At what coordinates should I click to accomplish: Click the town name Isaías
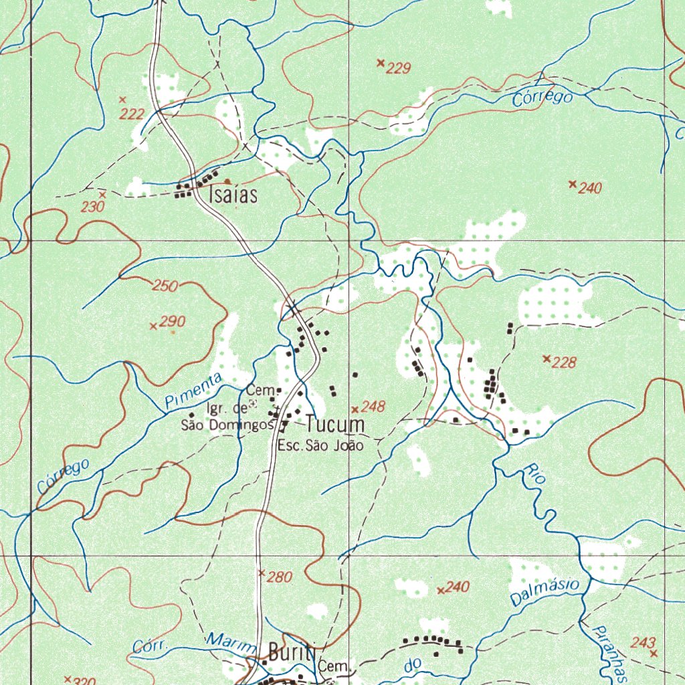(233, 195)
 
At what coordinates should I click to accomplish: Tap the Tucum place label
(335, 424)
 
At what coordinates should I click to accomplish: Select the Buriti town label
(291, 652)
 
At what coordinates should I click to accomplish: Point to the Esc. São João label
(320, 445)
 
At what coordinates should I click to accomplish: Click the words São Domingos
(227, 425)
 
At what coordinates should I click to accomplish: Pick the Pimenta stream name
(193, 391)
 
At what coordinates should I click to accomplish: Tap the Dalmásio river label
(544, 593)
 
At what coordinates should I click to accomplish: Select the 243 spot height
(642, 642)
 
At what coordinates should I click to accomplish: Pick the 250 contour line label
(165, 286)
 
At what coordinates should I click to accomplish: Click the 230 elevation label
(92, 207)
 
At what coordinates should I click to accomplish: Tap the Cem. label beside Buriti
(334, 667)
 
